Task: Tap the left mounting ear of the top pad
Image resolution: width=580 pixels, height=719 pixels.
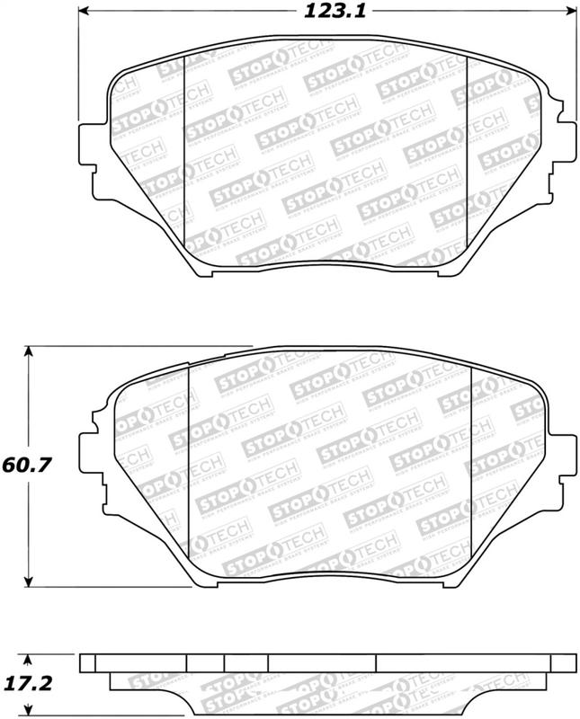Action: click(90, 144)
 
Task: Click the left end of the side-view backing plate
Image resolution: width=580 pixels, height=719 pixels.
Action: click(87, 662)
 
